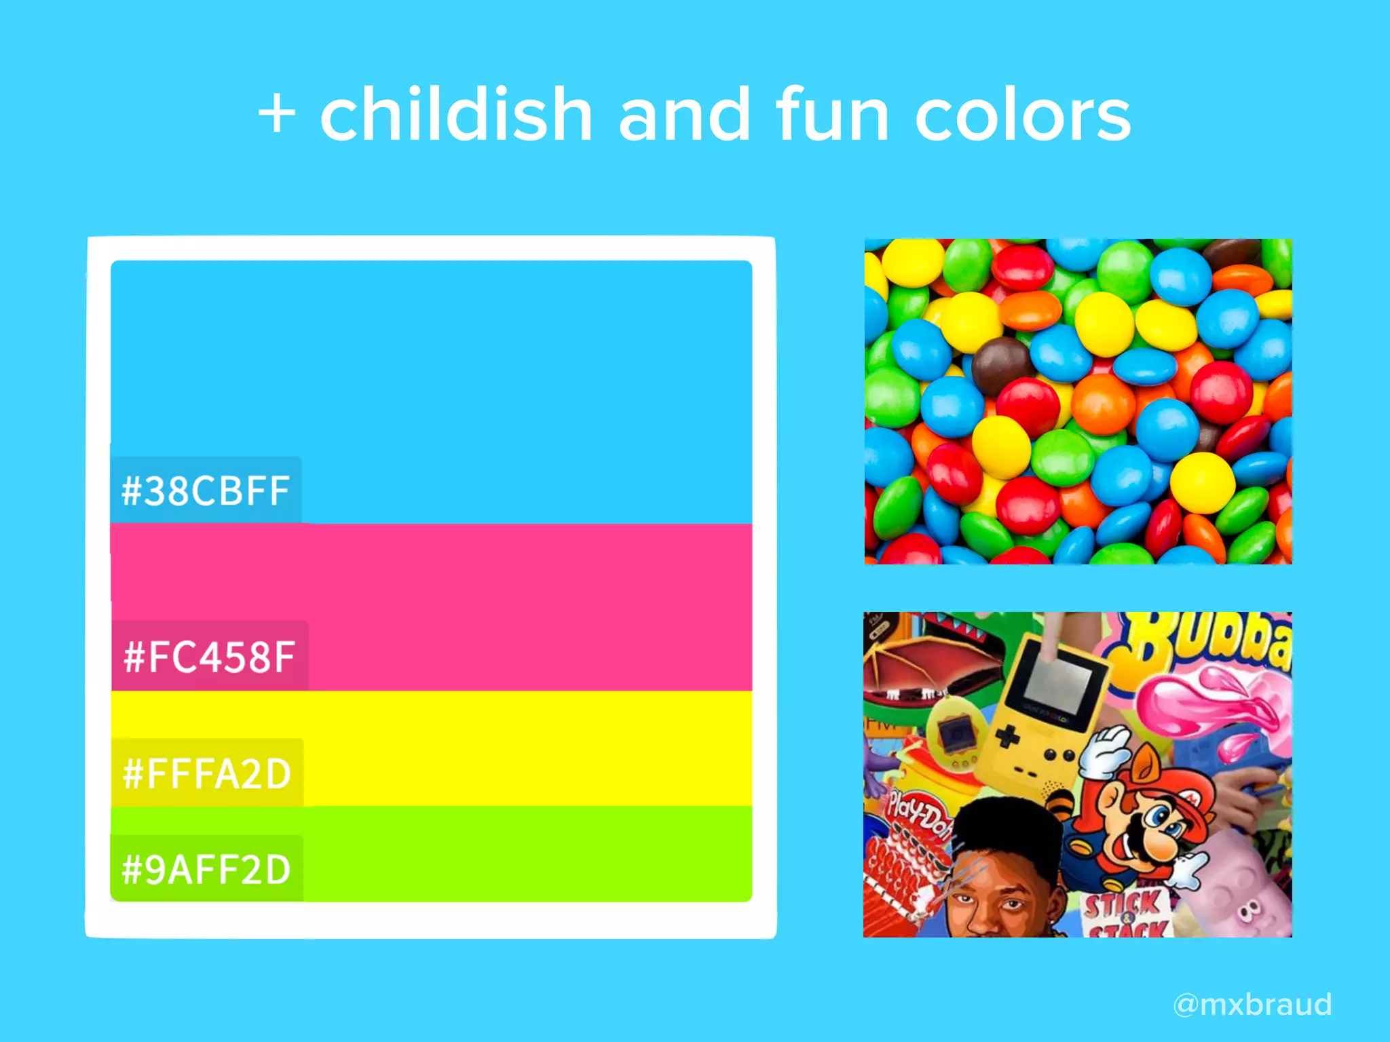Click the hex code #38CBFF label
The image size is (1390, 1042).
206,490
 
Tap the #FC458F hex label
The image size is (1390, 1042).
209,657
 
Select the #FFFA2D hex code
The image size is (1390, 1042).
207,773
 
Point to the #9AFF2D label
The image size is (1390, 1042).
206,870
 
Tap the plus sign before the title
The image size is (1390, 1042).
277,113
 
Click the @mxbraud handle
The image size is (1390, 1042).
1252,1004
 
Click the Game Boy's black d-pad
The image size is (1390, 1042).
1008,736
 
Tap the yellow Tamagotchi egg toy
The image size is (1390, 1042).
954,736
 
